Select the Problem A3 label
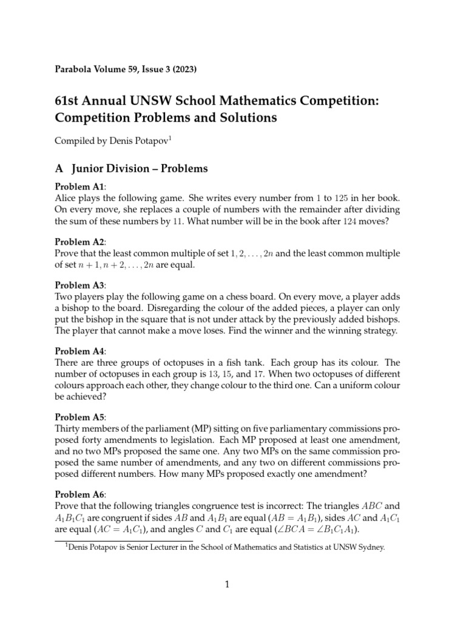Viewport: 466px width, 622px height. tap(79, 285)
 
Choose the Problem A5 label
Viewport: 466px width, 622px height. tap(79, 417)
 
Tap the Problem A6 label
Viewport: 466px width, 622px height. tap(79, 494)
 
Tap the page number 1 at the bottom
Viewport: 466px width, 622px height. tap(226, 585)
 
